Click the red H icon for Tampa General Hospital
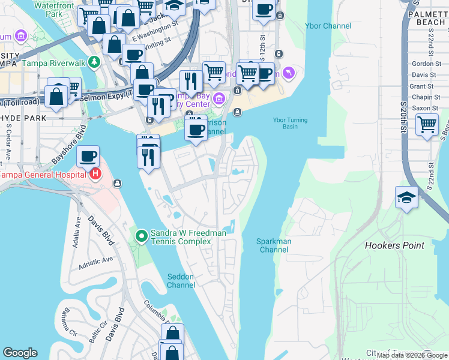[x=95, y=175]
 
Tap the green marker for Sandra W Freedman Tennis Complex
[x=142, y=236]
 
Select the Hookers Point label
[x=394, y=245]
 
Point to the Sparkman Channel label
[x=274, y=245]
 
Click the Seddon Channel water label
[x=181, y=280]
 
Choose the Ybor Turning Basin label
[x=290, y=123]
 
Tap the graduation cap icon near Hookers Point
[x=406, y=198]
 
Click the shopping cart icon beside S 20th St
[x=427, y=125]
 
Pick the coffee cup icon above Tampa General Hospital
[x=88, y=156]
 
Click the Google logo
[x=20, y=353]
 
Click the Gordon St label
[x=426, y=64]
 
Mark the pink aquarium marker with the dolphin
[x=289, y=73]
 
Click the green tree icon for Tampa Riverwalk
[x=94, y=62]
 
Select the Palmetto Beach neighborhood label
[x=427, y=17]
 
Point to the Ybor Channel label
[x=328, y=26]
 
